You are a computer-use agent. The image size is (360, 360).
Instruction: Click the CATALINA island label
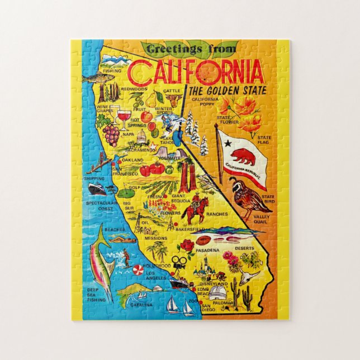[x=142, y=305]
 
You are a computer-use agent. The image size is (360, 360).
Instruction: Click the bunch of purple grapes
[x=112, y=134]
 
